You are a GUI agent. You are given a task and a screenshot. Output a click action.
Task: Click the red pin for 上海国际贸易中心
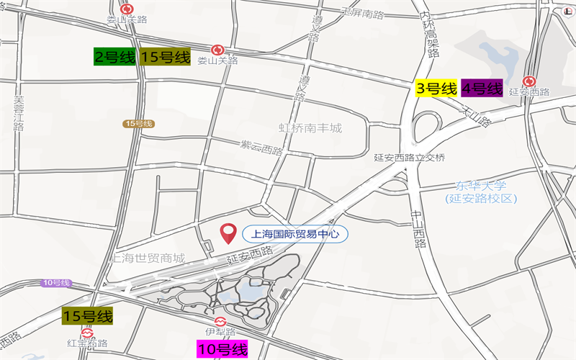[228, 233]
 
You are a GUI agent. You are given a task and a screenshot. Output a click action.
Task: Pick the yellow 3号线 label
[437, 89]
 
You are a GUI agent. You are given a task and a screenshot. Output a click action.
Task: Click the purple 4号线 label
[482, 89]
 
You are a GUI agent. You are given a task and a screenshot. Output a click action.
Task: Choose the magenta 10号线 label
[222, 350]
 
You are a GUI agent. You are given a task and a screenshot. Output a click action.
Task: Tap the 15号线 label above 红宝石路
[88, 315]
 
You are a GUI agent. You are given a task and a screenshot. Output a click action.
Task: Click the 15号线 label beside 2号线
[166, 58]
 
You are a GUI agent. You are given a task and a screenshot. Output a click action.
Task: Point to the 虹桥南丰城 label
[310, 129]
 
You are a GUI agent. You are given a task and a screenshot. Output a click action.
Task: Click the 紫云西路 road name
[262, 148]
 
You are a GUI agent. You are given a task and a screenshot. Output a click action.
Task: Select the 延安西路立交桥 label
[410, 158]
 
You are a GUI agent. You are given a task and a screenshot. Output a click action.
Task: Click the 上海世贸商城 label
[148, 258]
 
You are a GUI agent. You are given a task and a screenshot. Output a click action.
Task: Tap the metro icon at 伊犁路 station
[220, 320]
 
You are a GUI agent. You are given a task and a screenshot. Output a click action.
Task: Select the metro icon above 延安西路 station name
[529, 81]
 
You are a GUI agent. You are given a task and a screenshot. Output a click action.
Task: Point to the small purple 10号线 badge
[55, 282]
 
